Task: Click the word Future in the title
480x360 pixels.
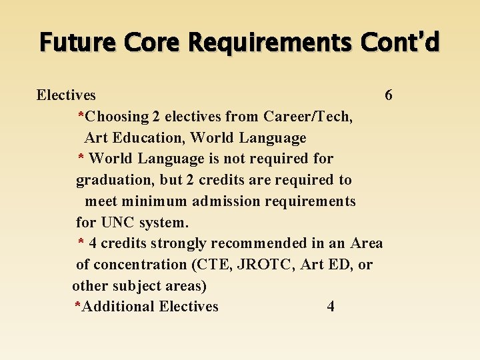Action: [x=69, y=42]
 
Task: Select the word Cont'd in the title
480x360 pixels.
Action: [x=400, y=42]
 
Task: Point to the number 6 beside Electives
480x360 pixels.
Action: [x=389, y=95]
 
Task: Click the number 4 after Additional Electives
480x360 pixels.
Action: [x=331, y=307]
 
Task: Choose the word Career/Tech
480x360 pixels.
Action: [x=308, y=117]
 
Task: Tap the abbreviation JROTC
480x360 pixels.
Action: [x=266, y=265]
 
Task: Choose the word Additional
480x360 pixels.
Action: [x=117, y=307]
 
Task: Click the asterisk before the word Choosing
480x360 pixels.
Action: [x=81, y=115]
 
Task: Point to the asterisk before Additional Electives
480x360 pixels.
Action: [x=77, y=305]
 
